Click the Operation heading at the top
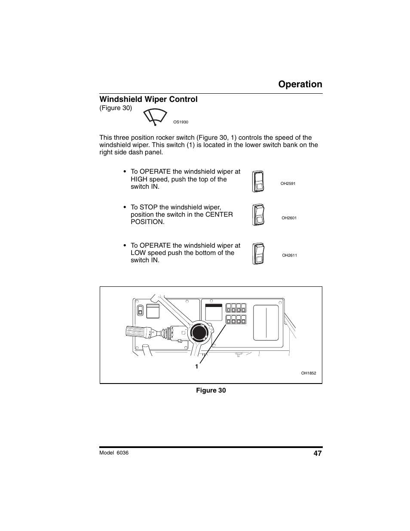pos(300,84)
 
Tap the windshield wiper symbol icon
pos(155,117)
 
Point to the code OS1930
pos(181,122)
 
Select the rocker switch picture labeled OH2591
pos(258,181)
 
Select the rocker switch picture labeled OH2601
pos(258,215)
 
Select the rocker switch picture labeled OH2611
pos(258,253)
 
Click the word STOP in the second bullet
pos(148,207)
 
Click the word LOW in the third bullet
pos(138,253)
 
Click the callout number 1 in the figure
pos(197,367)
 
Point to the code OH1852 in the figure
pos(308,373)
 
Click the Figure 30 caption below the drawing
pos(211,390)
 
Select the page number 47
pos(318,453)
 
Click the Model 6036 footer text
pos(114,453)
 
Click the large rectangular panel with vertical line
pos(266,322)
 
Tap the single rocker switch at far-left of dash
pos(139,311)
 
